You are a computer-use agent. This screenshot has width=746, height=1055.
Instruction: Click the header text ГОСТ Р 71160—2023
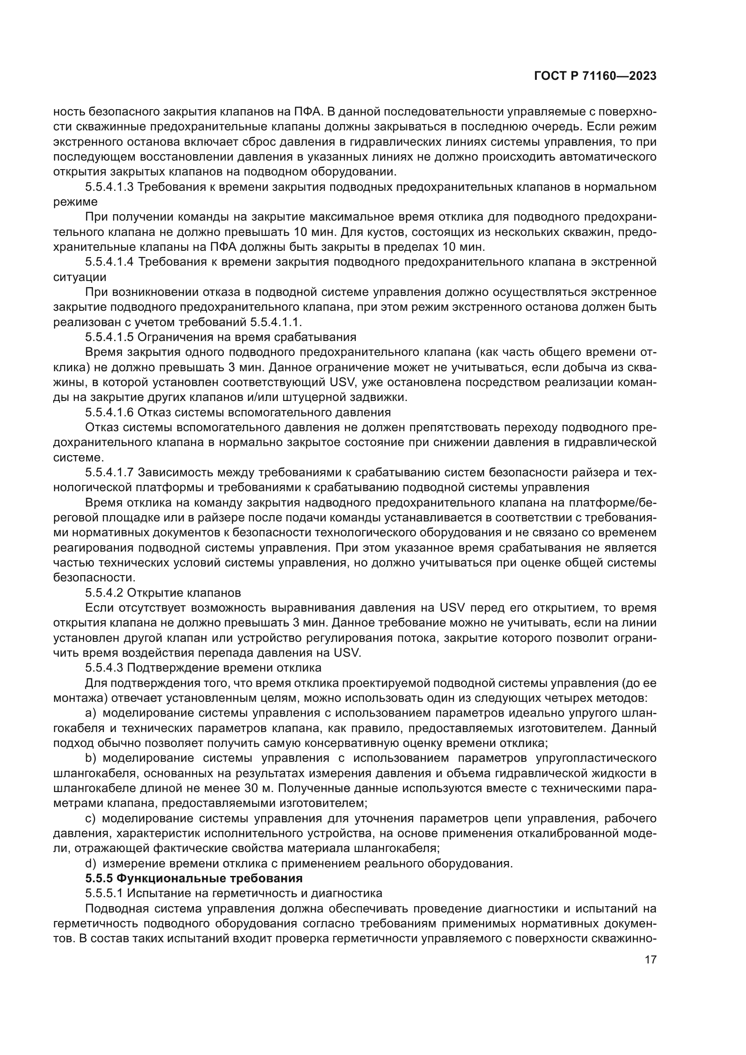pos(595,76)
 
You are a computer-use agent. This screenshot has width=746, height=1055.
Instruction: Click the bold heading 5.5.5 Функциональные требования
pos(194,878)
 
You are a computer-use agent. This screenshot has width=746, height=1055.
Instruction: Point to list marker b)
pos(91,758)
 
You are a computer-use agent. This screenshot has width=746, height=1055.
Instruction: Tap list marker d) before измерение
pos(91,863)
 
